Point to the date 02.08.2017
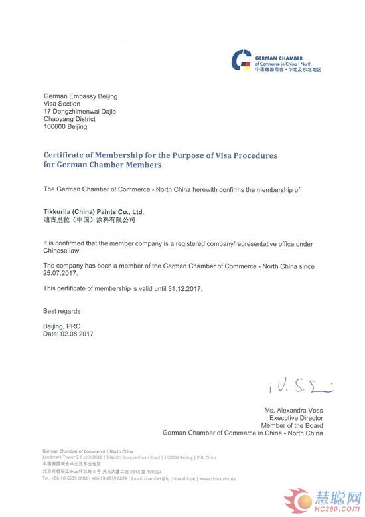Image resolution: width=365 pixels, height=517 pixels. pyautogui.click(x=77, y=334)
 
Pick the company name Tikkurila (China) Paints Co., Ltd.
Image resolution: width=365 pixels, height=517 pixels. pyautogui.click(x=93, y=211)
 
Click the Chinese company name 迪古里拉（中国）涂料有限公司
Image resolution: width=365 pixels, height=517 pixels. pyautogui.click(x=89, y=219)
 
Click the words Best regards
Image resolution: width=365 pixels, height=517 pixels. pyautogui.click(x=62, y=311)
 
